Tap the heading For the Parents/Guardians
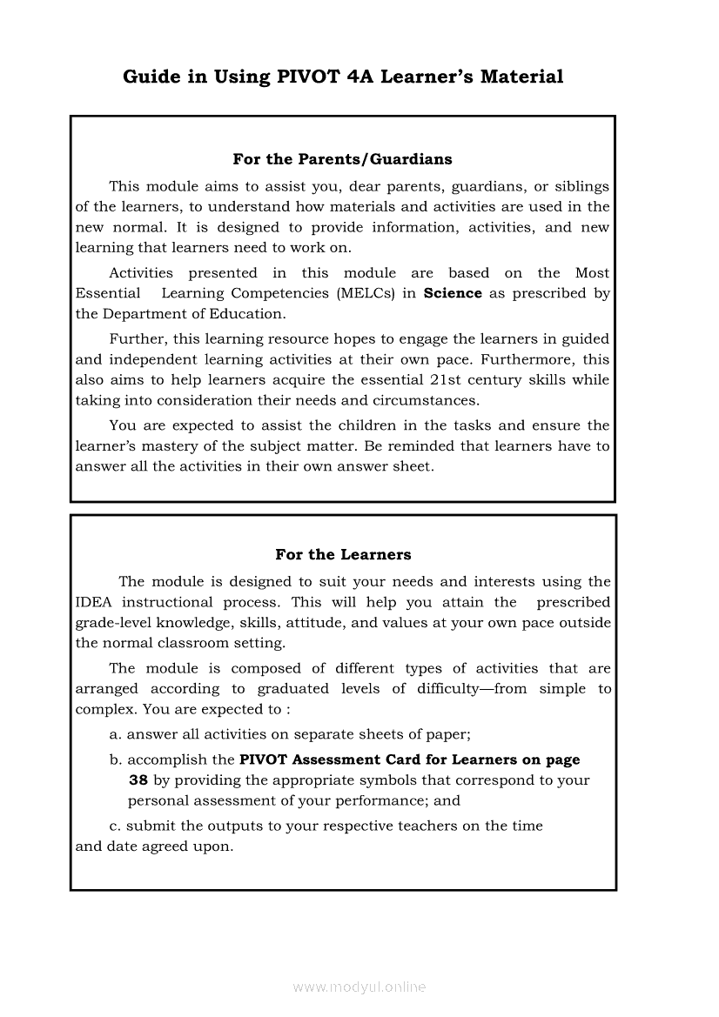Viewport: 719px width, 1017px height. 342,159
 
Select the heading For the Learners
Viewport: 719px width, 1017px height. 343,554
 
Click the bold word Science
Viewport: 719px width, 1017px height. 453,293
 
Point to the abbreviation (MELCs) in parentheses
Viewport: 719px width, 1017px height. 366,293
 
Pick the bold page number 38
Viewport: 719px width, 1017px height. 138,780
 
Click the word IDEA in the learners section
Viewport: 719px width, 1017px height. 94,602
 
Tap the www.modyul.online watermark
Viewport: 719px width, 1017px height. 359,987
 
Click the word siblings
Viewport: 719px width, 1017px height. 583,186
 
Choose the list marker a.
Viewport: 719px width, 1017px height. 116,734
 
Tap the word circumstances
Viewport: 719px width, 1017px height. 426,401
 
